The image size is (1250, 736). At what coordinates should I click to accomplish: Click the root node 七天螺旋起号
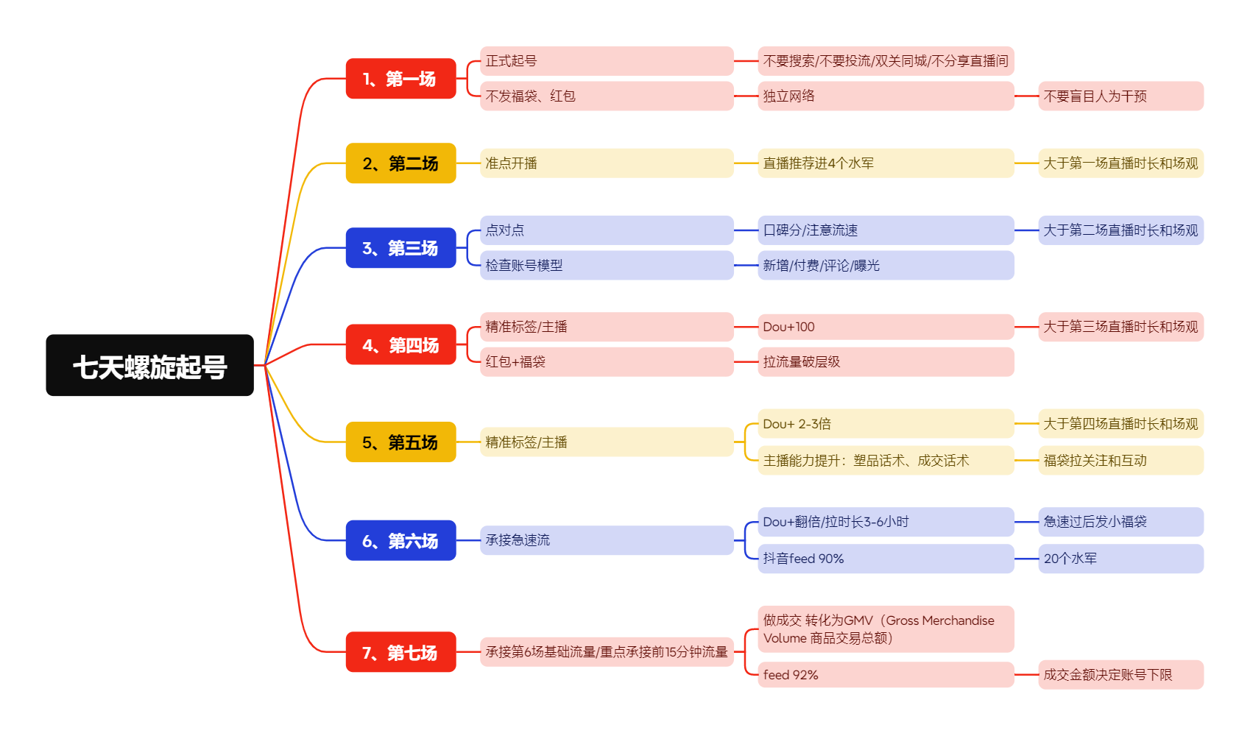click(x=149, y=366)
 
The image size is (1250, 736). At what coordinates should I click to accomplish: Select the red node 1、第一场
click(x=400, y=79)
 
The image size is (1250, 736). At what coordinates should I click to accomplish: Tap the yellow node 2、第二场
click(x=400, y=163)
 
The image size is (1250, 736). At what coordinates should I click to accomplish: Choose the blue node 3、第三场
click(x=400, y=248)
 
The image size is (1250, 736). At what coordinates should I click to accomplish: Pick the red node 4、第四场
click(x=400, y=344)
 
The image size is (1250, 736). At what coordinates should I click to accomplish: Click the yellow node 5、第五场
click(x=400, y=442)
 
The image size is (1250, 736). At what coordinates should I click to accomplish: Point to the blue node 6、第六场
click(x=400, y=541)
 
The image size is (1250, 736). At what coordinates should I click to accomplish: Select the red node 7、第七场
click(x=400, y=652)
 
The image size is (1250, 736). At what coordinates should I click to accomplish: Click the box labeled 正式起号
click(x=607, y=61)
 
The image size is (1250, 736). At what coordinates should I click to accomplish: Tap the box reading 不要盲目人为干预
click(x=1120, y=96)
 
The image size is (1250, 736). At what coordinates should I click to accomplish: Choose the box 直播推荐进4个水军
click(x=886, y=163)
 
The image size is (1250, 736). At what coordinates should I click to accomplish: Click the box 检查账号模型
click(x=607, y=266)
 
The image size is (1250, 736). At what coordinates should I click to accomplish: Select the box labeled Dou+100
click(x=886, y=327)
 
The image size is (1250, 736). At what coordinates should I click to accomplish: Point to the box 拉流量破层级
click(x=886, y=362)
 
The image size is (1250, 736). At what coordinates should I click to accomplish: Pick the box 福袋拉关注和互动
click(x=1120, y=461)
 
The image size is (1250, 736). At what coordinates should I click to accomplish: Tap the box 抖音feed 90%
click(x=886, y=559)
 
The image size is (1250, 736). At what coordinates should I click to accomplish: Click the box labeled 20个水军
click(x=1120, y=559)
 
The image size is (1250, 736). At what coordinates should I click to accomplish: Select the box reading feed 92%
click(x=886, y=675)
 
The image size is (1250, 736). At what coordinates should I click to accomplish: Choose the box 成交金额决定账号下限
click(x=1120, y=675)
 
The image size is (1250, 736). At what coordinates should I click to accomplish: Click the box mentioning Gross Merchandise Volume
click(x=886, y=629)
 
